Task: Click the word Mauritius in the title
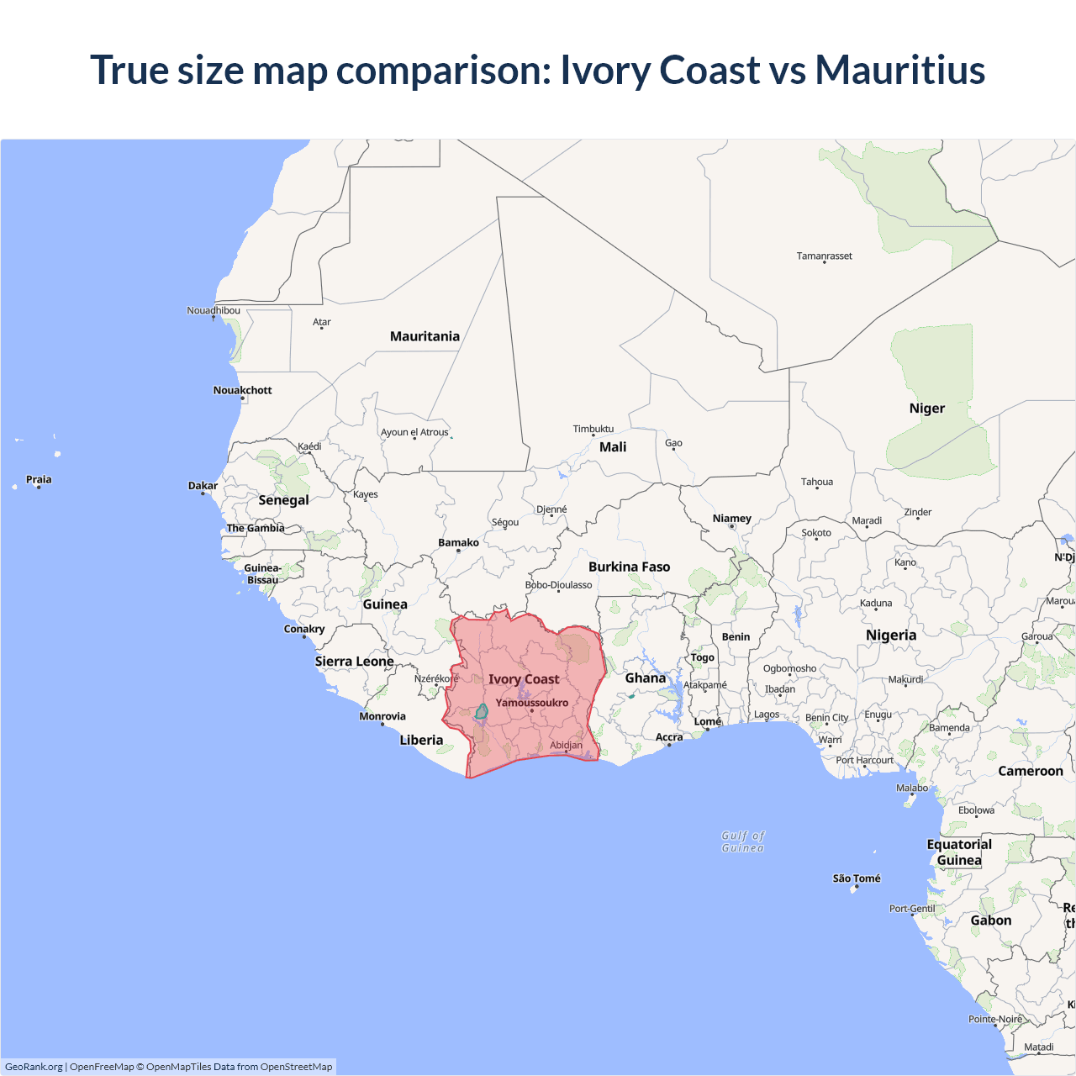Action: click(x=899, y=70)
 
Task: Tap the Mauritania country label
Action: click(x=425, y=336)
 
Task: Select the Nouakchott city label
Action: click(x=242, y=390)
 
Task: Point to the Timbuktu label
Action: click(x=593, y=429)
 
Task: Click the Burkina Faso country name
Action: click(x=629, y=567)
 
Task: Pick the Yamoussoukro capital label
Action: click(x=531, y=703)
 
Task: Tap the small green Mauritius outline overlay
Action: click(x=482, y=712)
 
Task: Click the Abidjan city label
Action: click(x=566, y=745)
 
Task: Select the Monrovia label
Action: click(x=382, y=716)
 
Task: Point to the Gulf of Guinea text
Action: click(x=743, y=841)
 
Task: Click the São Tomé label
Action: click(x=857, y=878)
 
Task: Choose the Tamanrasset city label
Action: click(x=824, y=256)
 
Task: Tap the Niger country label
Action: click(x=926, y=409)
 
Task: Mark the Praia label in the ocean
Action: click(x=39, y=479)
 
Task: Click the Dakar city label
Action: click(x=203, y=485)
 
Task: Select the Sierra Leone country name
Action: click(x=354, y=662)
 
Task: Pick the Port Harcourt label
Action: click(x=864, y=760)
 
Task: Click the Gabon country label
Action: click(x=990, y=920)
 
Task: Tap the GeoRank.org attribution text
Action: click(x=34, y=1067)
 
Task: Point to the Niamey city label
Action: click(x=731, y=519)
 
